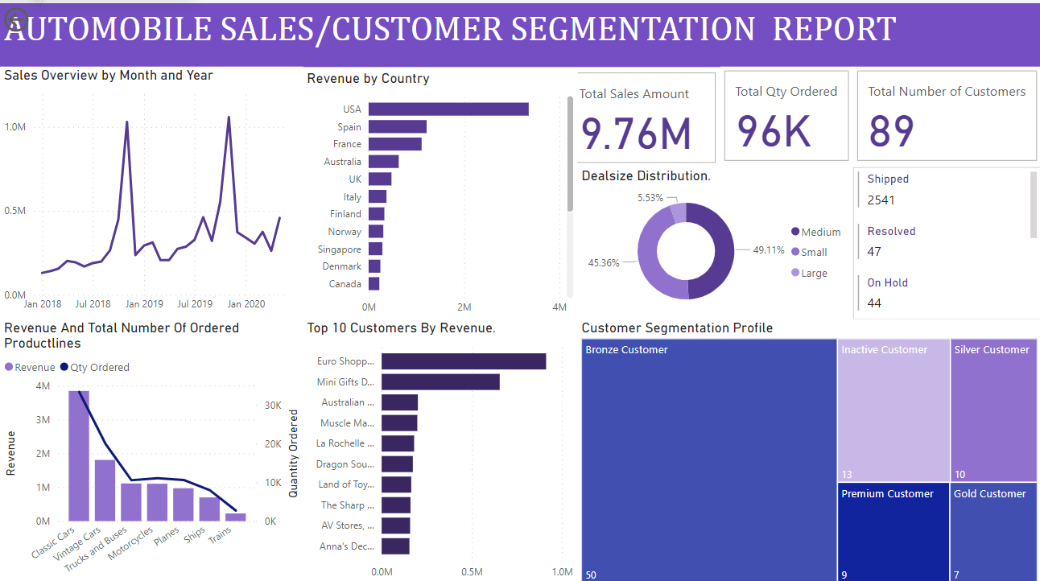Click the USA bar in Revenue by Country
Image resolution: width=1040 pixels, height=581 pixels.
448,109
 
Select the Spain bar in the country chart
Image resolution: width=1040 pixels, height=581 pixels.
398,127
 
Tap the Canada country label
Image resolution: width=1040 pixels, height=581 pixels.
345,284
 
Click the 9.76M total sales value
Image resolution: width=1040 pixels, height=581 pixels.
636,133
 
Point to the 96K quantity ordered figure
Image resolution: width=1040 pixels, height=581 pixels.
774,131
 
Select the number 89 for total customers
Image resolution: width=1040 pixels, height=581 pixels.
892,131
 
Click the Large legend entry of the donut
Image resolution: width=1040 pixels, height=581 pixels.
814,274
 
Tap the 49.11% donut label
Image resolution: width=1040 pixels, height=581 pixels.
769,250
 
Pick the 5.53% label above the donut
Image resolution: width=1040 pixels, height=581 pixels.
651,197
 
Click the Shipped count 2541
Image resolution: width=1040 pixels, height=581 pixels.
881,200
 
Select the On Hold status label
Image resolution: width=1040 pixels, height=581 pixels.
887,283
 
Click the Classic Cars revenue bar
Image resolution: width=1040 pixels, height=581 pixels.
79,455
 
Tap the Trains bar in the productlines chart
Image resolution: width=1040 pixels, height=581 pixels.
235,517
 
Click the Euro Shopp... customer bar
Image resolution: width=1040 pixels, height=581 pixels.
464,362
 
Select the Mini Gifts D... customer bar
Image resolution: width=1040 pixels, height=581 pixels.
440,382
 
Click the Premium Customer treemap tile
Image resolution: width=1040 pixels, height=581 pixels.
892,531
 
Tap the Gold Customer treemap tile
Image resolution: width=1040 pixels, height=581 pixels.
993,531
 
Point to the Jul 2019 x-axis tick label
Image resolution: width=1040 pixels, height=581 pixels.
195,304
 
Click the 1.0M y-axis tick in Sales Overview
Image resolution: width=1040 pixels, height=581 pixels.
14,127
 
